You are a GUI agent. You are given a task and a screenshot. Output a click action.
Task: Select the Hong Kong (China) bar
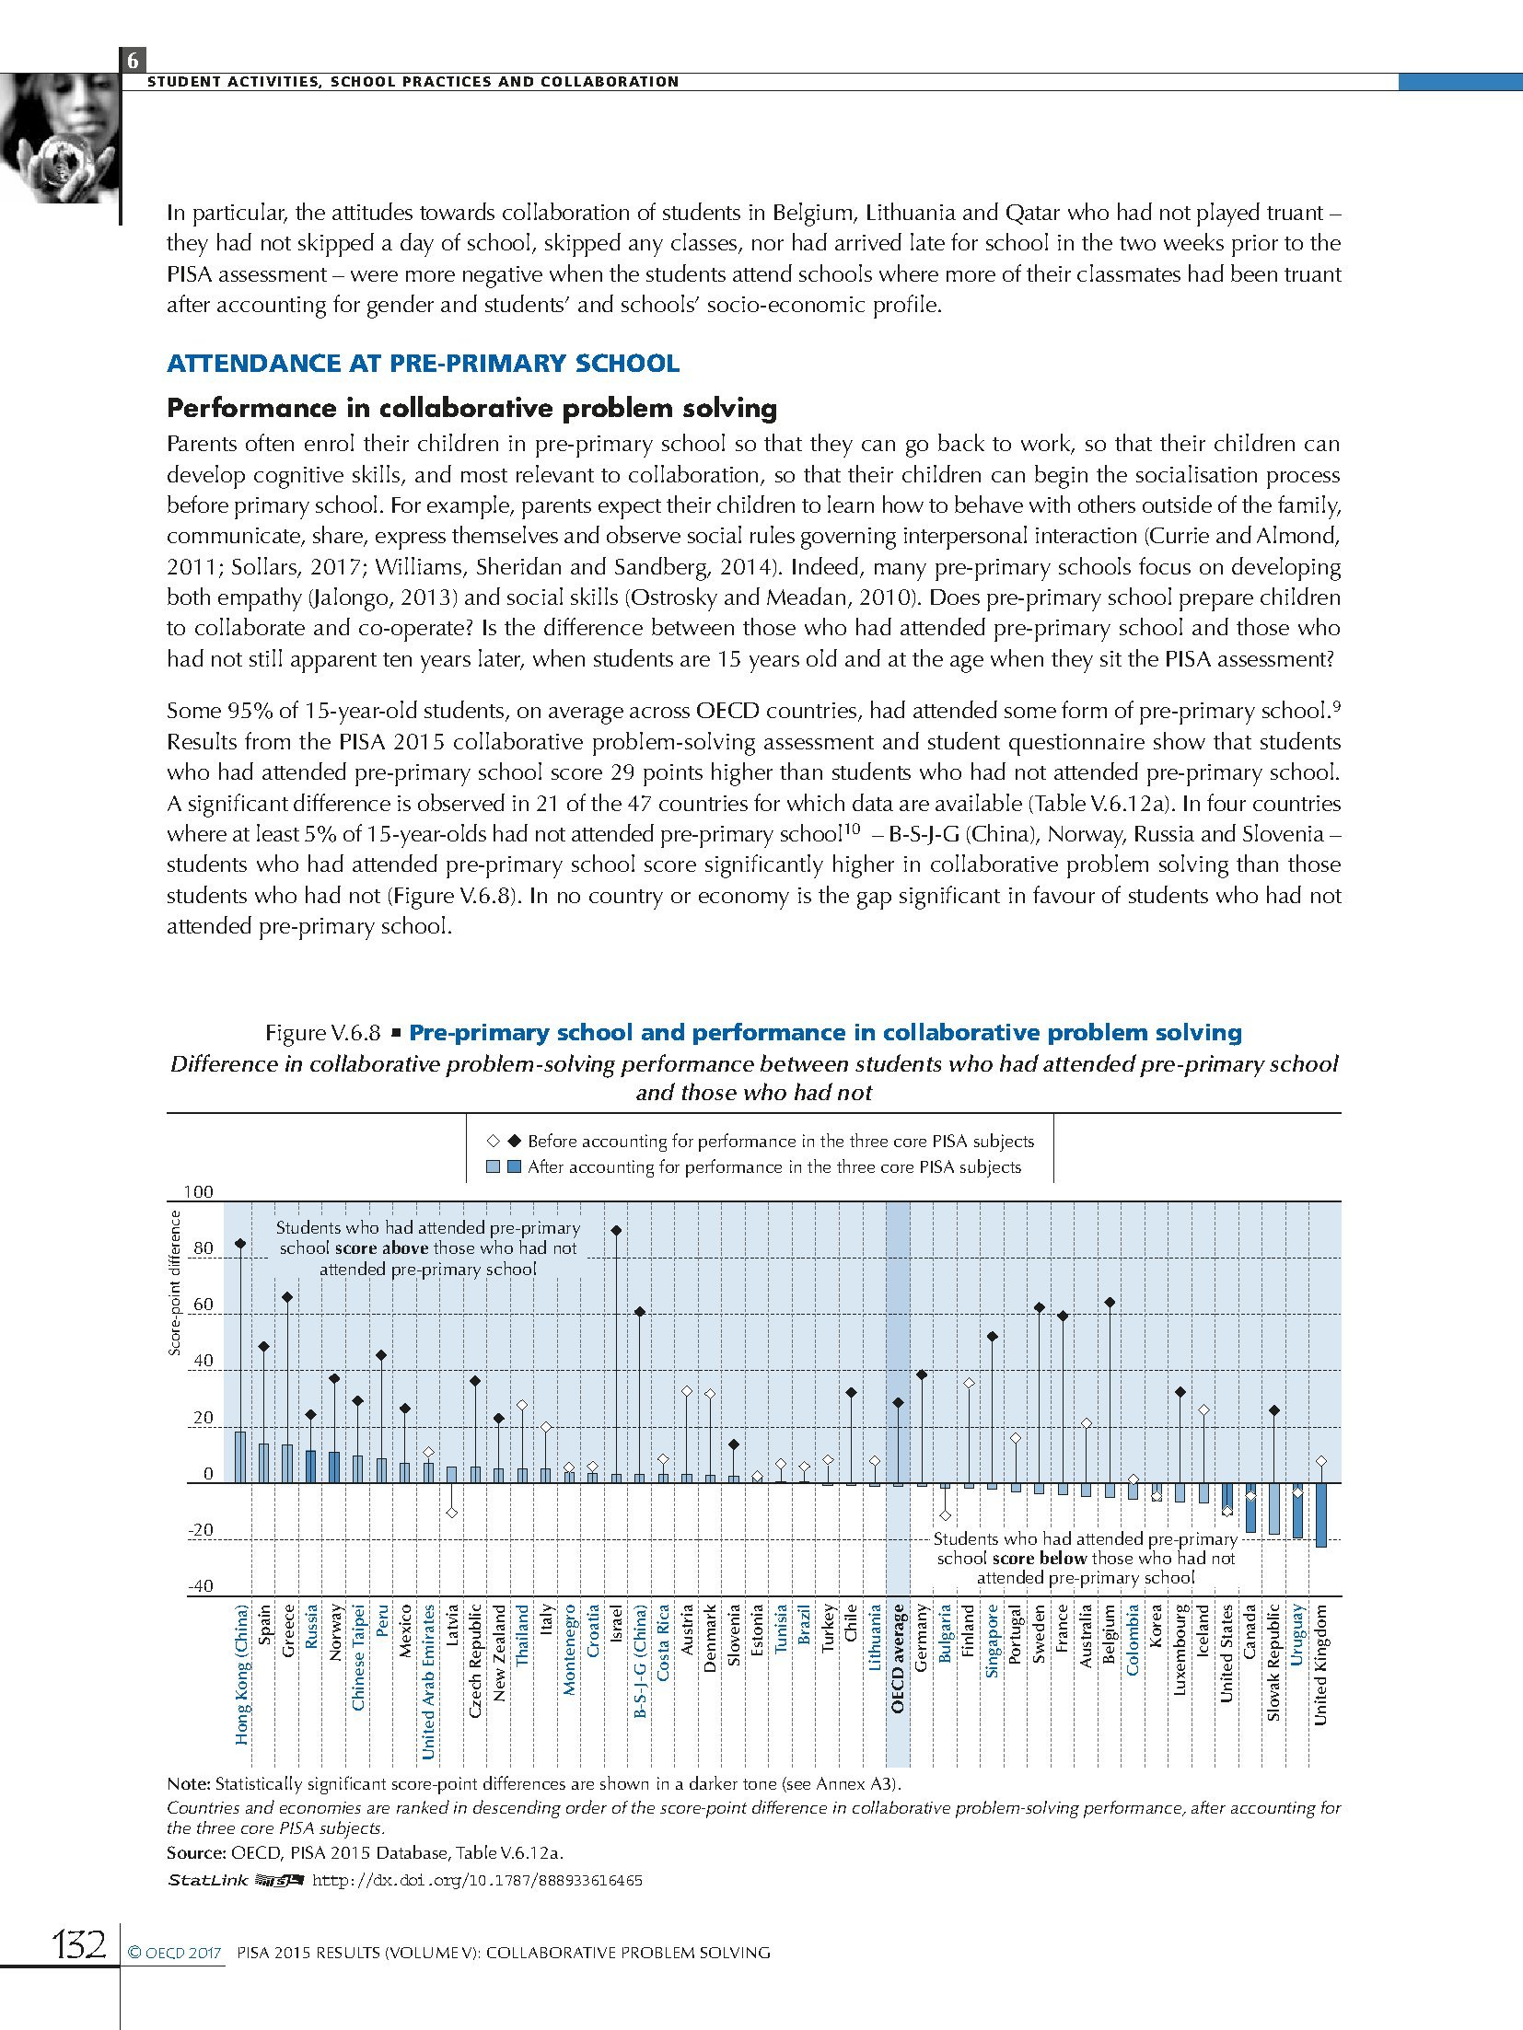coord(240,1456)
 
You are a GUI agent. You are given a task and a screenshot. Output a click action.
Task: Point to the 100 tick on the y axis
coord(199,1192)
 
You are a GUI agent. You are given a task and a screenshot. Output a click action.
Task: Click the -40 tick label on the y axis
coord(200,1586)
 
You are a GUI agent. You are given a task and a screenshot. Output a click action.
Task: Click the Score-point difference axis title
coord(175,1283)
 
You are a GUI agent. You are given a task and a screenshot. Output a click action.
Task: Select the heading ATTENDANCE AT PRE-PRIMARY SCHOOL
coord(423,363)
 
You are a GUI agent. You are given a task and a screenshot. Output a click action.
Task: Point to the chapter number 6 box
coord(133,61)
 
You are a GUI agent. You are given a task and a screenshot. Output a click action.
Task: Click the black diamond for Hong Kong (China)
coord(240,1243)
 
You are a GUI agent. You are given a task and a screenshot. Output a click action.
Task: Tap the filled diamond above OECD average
coord(898,1403)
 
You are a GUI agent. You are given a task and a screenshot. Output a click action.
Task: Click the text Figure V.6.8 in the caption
coord(322,1033)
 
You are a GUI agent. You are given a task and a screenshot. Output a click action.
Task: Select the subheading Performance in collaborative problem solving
coord(471,408)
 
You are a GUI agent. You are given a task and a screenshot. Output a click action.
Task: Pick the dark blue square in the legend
coord(514,1167)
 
